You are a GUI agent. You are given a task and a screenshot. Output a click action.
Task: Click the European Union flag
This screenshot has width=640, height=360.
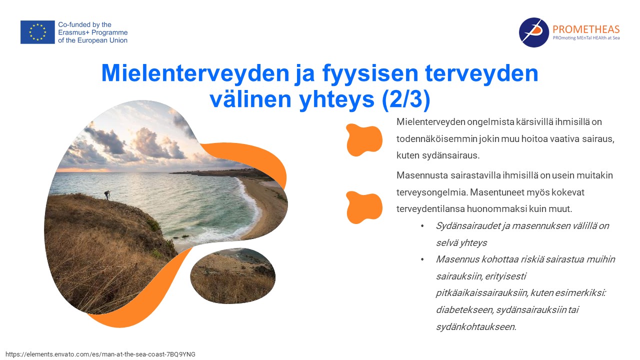pos(37,32)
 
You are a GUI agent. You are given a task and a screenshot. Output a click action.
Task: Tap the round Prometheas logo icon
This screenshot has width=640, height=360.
pos(533,32)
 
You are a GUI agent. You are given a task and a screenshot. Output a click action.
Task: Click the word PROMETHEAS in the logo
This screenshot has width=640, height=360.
pos(586,29)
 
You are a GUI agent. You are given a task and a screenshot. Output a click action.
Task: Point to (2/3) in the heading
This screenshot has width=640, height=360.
pos(405,99)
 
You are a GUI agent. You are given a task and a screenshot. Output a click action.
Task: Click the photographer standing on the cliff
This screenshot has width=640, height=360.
pos(107,195)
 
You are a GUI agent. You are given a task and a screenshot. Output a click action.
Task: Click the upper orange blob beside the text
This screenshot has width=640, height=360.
pos(363,139)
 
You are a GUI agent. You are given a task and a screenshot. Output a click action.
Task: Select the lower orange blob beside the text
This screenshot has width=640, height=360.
pos(363,207)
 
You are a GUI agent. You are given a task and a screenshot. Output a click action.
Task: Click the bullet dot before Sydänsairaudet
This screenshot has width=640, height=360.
pos(422,226)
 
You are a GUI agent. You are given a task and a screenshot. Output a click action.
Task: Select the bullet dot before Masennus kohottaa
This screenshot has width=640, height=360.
pos(422,259)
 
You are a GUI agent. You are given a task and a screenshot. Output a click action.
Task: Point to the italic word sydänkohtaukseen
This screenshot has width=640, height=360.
pos(476,327)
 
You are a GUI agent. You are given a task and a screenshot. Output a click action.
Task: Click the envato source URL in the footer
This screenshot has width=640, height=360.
pos(100,354)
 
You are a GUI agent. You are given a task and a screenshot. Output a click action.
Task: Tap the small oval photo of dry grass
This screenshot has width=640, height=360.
pos(233,275)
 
